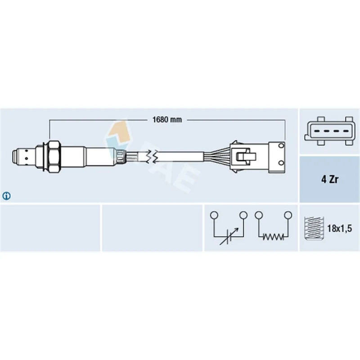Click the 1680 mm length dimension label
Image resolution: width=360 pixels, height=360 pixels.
[167, 120]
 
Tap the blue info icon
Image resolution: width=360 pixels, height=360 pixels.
[6, 196]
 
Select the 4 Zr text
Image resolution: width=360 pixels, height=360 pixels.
[330, 179]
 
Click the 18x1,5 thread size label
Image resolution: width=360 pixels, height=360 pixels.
[340, 229]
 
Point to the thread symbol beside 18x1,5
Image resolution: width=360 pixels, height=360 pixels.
[314, 228]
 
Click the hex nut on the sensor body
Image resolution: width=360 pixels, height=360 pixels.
[54, 157]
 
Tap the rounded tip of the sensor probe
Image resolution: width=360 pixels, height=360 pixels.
[15, 157]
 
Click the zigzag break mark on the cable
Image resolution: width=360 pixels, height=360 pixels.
[152, 157]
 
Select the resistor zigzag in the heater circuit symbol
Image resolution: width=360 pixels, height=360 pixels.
[273, 237]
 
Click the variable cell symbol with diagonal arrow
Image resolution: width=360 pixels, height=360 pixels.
[229, 237]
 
